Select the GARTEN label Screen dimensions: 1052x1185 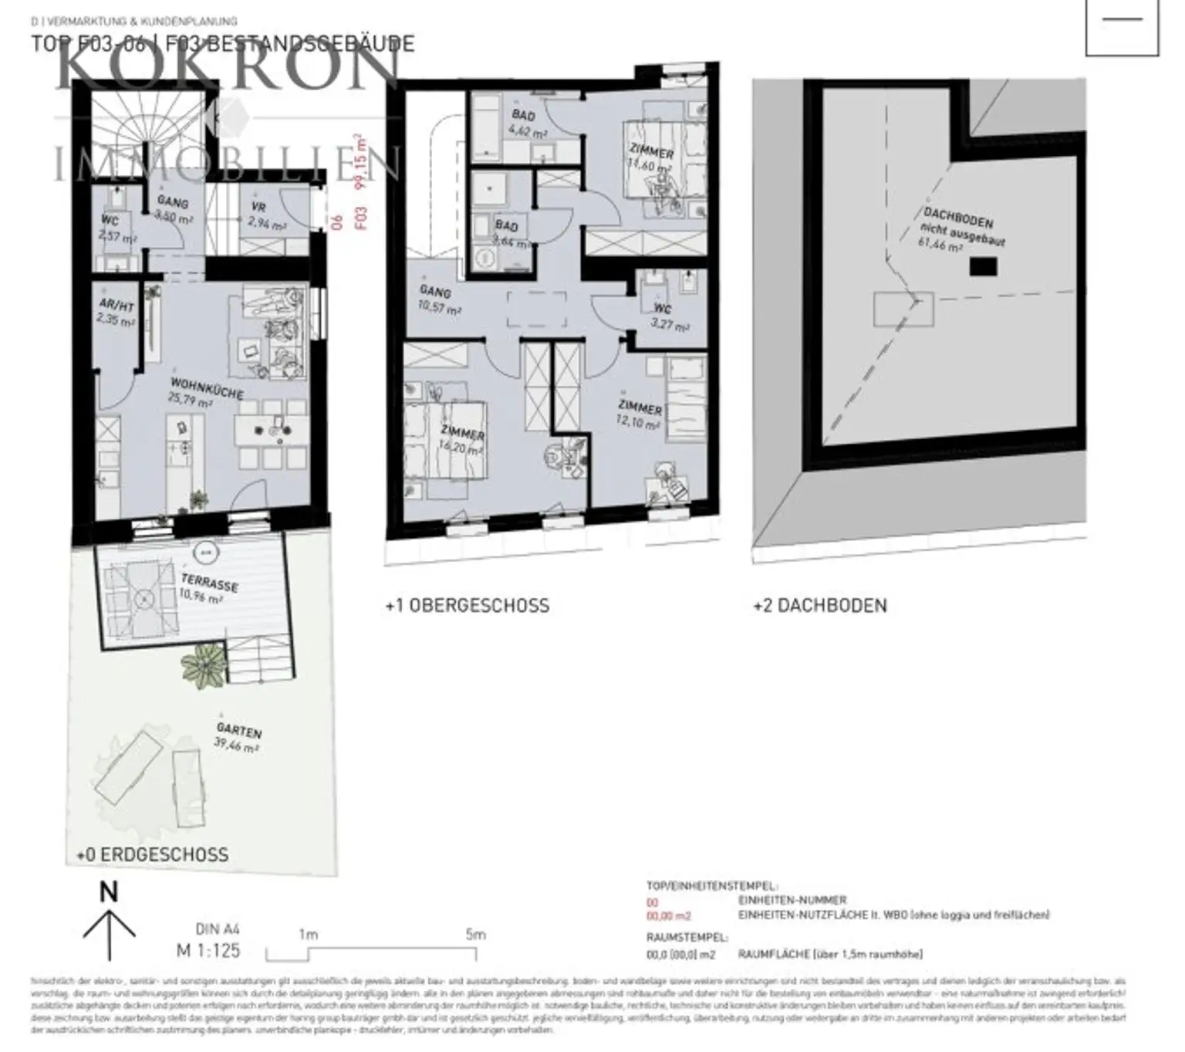click(x=238, y=729)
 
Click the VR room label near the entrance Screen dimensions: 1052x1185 click(x=258, y=208)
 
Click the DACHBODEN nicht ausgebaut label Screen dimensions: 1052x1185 click(x=960, y=227)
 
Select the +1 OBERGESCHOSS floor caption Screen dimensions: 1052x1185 click(x=468, y=605)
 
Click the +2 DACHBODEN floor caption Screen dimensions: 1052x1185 click(x=820, y=605)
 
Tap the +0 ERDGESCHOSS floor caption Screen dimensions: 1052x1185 click(x=153, y=854)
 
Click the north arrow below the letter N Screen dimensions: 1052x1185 click(x=109, y=934)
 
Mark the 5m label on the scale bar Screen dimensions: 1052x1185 click(x=475, y=934)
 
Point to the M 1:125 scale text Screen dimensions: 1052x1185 click(x=208, y=949)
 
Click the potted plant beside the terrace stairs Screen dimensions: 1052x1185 click(x=204, y=667)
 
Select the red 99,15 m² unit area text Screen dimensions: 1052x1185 click(x=358, y=162)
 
